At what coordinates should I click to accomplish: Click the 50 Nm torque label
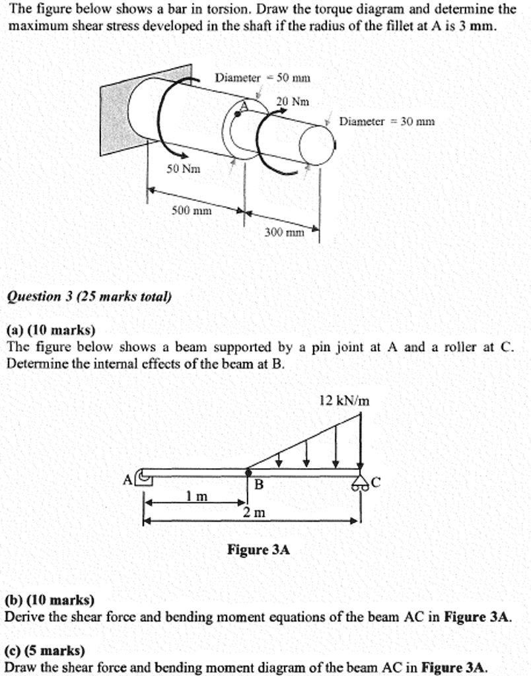coord(183,170)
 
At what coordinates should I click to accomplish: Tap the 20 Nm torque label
coord(293,102)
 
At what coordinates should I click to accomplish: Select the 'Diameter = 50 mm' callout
coord(262,77)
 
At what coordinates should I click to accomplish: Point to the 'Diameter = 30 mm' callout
coord(386,121)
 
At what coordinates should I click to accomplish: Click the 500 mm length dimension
coord(192,211)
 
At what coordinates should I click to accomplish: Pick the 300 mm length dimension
coord(284,232)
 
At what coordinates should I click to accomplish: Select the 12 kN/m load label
coord(344,401)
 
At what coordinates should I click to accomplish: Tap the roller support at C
coord(360,484)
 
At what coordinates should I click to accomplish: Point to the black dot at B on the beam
coord(248,472)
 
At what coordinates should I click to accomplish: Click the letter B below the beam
coord(259,485)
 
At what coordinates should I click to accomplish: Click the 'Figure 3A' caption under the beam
coord(258,549)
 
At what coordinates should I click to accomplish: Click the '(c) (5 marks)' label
coord(45,650)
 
